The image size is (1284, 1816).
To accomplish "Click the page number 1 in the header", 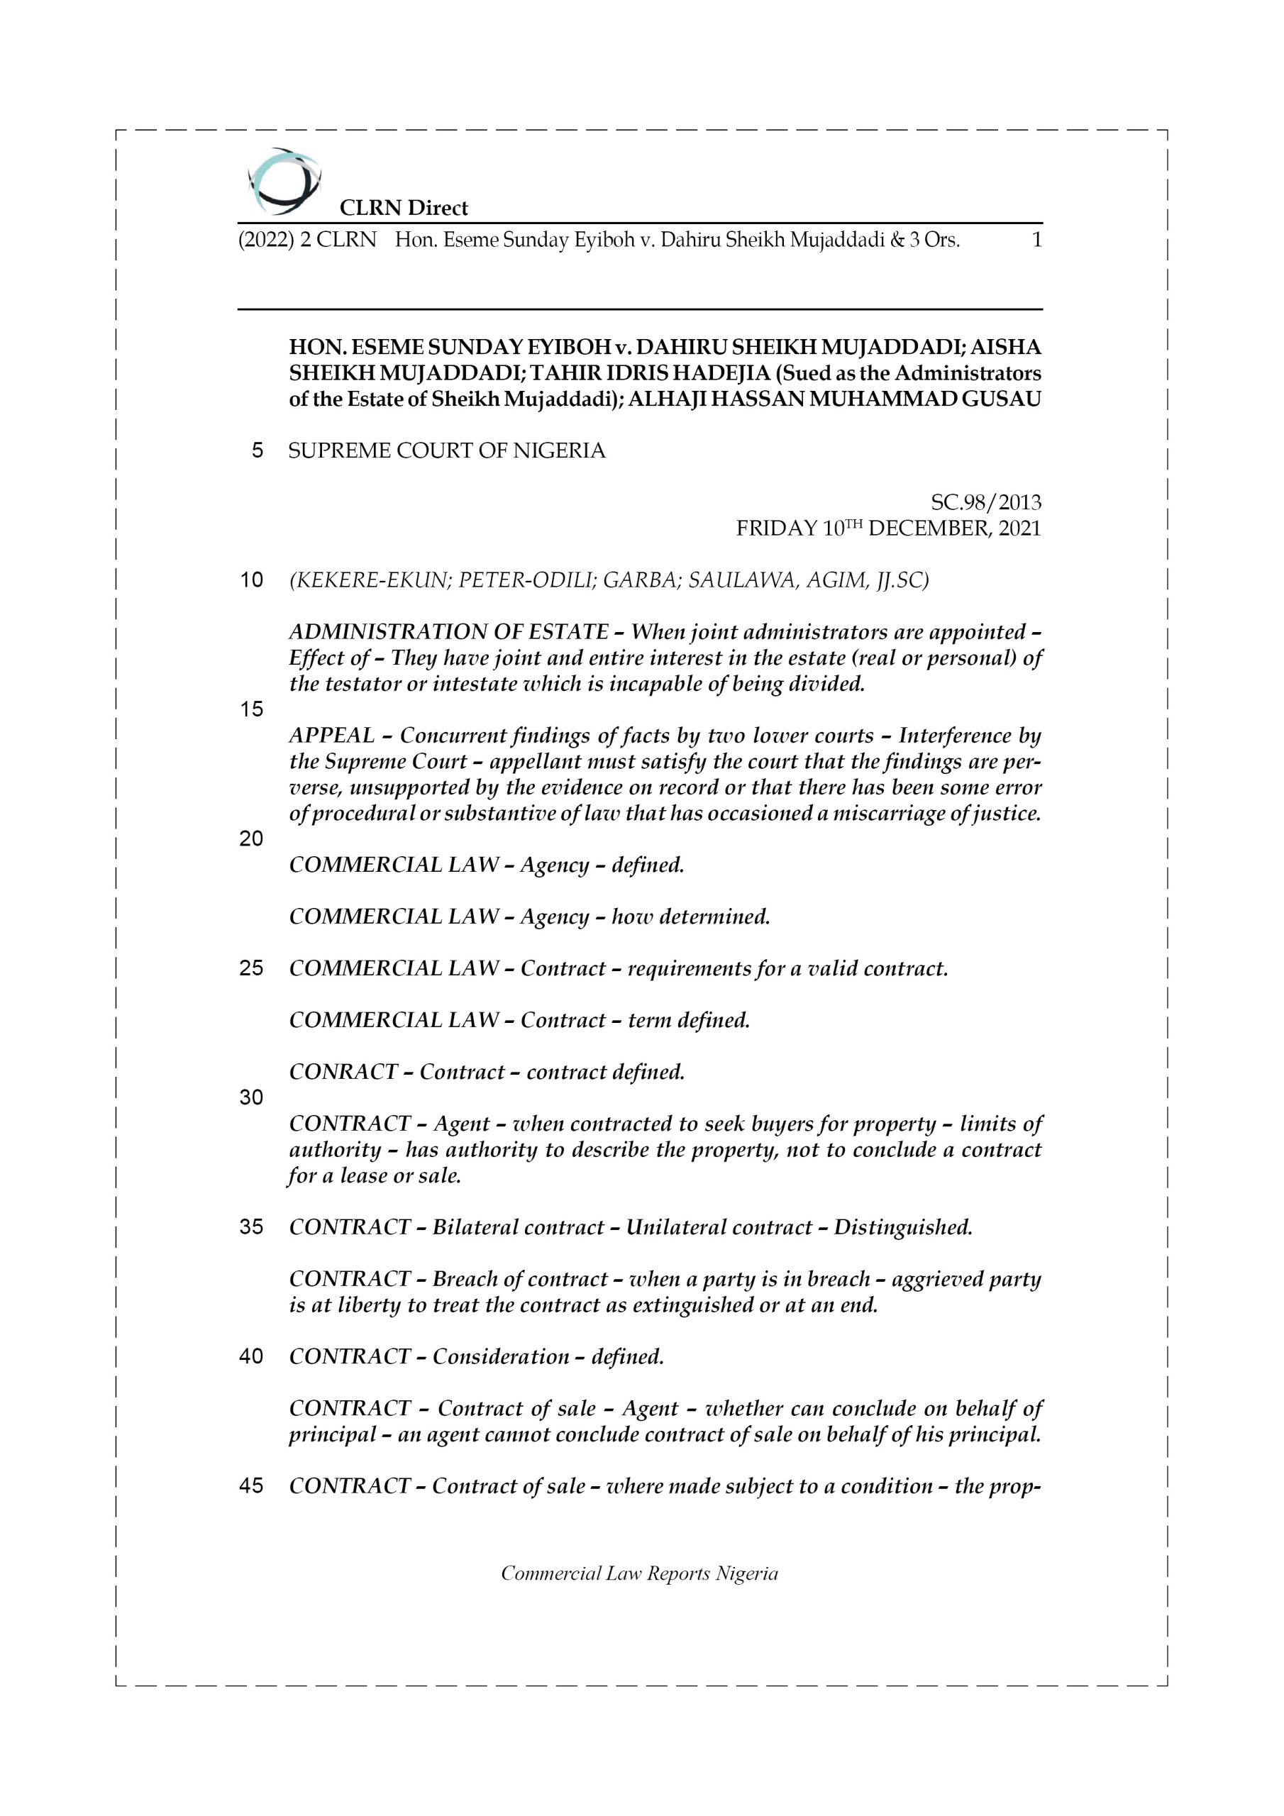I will click(1036, 240).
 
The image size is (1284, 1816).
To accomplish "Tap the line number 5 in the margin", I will click(257, 451).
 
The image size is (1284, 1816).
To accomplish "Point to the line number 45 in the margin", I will click(251, 1486).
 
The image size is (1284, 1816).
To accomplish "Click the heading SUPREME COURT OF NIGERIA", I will click(447, 451).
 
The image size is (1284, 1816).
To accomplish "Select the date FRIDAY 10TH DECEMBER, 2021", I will click(888, 528).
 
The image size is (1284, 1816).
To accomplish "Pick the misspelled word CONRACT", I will click(343, 1072).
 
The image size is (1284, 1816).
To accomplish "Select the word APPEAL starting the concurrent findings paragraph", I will click(331, 736).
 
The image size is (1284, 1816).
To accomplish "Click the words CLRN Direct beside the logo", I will click(404, 208).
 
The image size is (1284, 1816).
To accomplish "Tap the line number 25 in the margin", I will click(251, 968).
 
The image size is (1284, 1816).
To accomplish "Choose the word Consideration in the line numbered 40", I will click(500, 1356).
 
